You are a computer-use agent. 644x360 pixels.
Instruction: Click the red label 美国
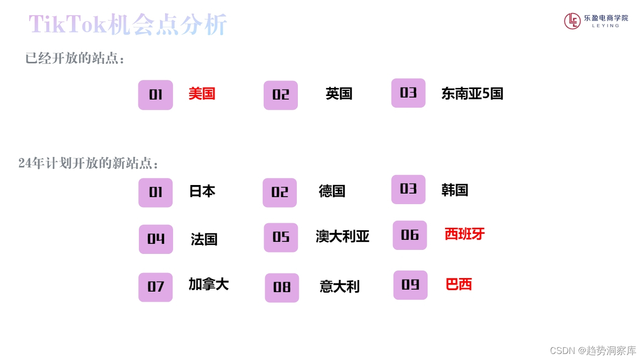point(202,94)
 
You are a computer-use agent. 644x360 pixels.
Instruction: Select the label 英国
point(339,94)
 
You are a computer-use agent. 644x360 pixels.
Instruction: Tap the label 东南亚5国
point(472,94)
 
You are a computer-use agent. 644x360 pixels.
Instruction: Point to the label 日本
point(202,191)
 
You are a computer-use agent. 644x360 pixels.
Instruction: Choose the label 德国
point(332,191)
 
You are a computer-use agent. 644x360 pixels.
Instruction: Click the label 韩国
point(455,190)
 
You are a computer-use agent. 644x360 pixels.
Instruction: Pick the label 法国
point(204,239)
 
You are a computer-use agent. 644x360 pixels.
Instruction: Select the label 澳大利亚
point(343,236)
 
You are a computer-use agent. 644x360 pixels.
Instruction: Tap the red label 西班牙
point(464,234)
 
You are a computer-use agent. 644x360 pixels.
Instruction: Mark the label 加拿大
point(209,284)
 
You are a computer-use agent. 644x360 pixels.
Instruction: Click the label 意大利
point(340,287)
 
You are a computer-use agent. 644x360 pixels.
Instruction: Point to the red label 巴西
point(459,284)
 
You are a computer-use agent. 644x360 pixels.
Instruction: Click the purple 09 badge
point(411,285)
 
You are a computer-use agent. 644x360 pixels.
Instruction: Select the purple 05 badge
point(281,237)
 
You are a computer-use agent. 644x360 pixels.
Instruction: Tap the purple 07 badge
point(155,287)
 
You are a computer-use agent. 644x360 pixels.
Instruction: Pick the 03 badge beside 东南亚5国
point(408,93)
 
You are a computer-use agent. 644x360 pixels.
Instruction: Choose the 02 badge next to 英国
point(281,95)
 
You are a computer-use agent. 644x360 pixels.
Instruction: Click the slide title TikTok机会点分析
point(128,25)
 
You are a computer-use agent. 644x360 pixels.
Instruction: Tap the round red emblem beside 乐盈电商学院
point(573,21)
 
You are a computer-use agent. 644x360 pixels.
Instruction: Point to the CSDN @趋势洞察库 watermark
point(593,350)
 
